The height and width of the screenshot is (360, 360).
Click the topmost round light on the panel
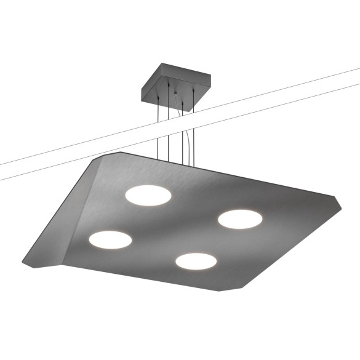148,194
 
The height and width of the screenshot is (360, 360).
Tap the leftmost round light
110,239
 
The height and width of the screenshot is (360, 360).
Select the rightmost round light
239,218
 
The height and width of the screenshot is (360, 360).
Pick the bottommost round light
196,261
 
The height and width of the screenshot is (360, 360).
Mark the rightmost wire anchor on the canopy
194,91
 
